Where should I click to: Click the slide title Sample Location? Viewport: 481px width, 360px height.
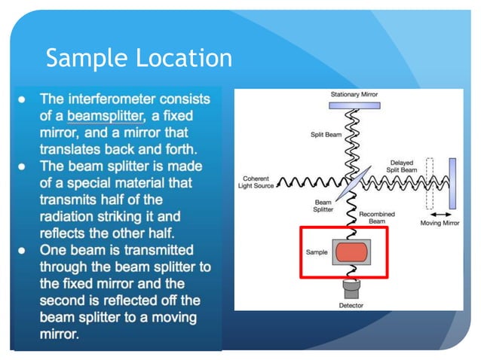pyautogui.click(x=139, y=57)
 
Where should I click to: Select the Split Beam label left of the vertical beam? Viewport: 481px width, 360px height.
pyautogui.click(x=327, y=135)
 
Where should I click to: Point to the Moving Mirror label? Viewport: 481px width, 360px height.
pyautogui.click(x=440, y=223)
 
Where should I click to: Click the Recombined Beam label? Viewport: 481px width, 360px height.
pyautogui.click(x=377, y=218)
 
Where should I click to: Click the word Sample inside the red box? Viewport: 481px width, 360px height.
pyautogui.click(x=317, y=252)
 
